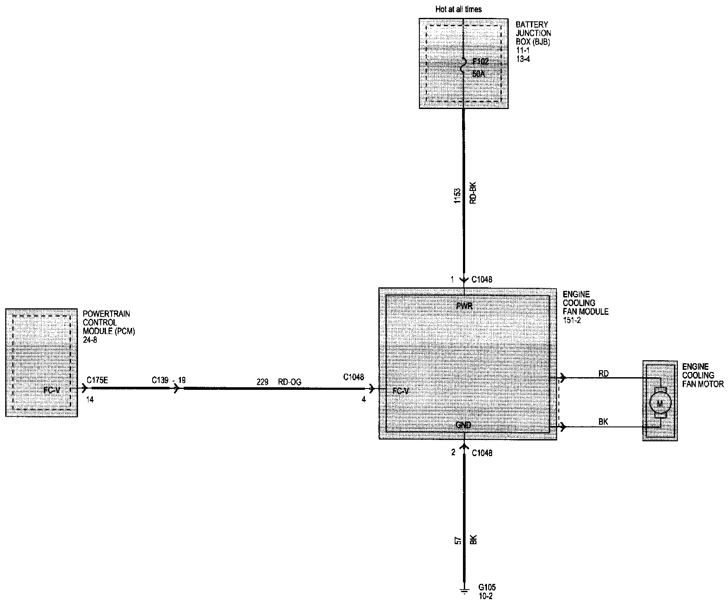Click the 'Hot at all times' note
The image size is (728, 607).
[x=458, y=9]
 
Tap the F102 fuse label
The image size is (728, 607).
[x=481, y=62]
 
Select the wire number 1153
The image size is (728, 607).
[x=456, y=196]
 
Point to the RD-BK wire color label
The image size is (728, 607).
[x=473, y=192]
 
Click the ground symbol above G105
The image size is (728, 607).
[x=464, y=591]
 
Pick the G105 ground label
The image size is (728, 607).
[x=486, y=587]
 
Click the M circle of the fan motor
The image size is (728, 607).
[x=660, y=404]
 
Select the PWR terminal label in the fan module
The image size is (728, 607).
[x=464, y=306]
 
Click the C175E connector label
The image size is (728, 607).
[x=97, y=380]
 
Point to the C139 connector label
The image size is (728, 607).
[x=160, y=380]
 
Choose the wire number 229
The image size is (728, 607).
[x=262, y=382]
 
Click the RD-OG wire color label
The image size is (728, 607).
[x=290, y=382]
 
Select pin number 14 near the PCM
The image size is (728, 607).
[x=90, y=399]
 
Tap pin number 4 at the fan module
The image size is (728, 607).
[x=364, y=399]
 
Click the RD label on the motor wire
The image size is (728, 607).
[x=603, y=373]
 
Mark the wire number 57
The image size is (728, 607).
[x=456, y=539]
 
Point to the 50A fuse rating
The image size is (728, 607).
[x=478, y=74]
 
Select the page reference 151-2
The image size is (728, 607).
[x=572, y=321]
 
